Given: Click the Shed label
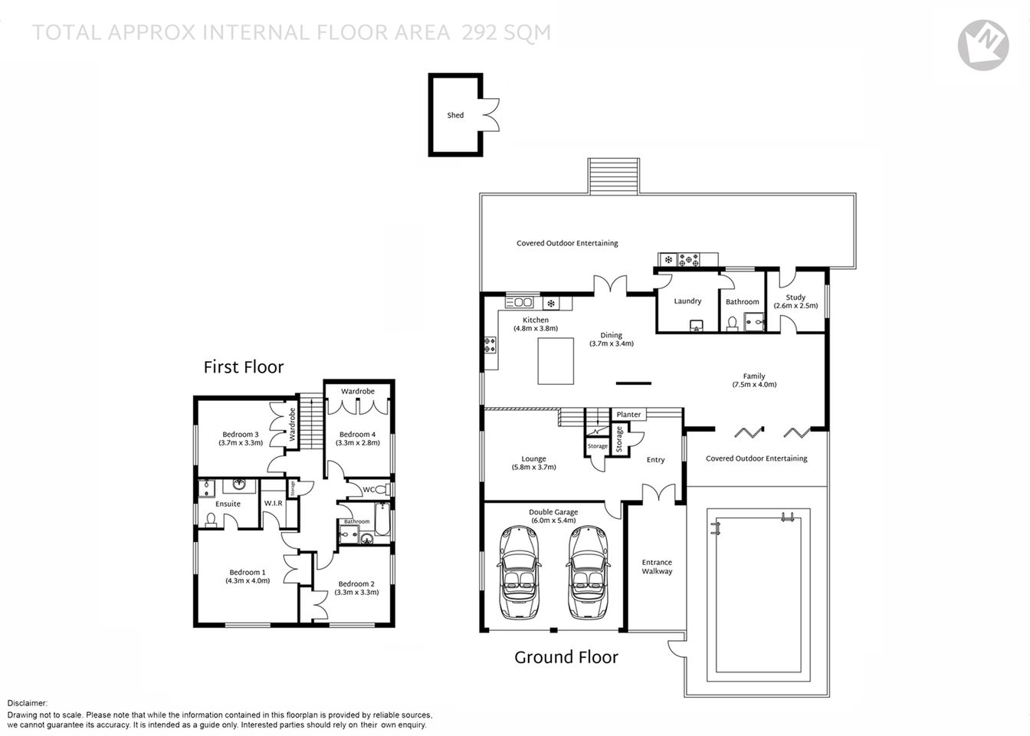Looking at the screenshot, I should pyautogui.click(x=455, y=116).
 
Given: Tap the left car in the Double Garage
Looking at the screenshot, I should pyautogui.click(x=519, y=571).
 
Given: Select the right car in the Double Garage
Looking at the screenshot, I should pyautogui.click(x=588, y=571).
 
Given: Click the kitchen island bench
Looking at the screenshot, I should pyautogui.click(x=556, y=360).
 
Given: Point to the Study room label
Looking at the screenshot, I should pyautogui.click(x=795, y=297).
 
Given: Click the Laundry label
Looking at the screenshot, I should pyautogui.click(x=687, y=301).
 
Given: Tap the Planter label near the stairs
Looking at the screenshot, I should pyautogui.click(x=628, y=415).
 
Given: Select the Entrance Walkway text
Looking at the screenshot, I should pyautogui.click(x=657, y=567).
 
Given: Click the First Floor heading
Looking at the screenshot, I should pyautogui.click(x=244, y=367).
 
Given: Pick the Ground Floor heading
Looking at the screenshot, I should pyautogui.click(x=566, y=657).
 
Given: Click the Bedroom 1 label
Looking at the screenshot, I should pyautogui.click(x=248, y=572).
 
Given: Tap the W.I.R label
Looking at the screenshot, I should pyautogui.click(x=274, y=504).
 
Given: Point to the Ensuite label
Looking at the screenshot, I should pyautogui.click(x=228, y=504).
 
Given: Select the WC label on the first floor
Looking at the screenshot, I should pyautogui.click(x=369, y=489).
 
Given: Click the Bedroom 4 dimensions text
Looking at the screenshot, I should pyautogui.click(x=357, y=442).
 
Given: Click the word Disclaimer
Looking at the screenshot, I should pyautogui.click(x=28, y=703).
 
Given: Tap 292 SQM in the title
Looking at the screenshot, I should pyautogui.click(x=506, y=33).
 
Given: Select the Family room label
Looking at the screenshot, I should pyautogui.click(x=754, y=376).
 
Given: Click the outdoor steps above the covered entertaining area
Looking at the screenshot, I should pyautogui.click(x=613, y=176).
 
